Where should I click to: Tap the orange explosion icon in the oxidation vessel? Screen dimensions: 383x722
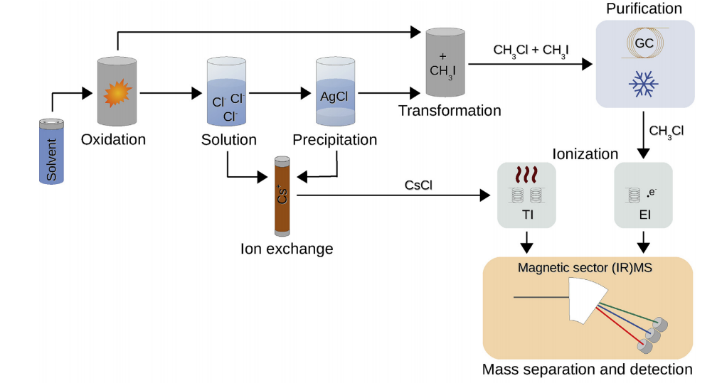(x=117, y=92)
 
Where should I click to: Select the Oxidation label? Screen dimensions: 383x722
(x=113, y=139)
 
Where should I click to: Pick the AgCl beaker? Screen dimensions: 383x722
(x=335, y=93)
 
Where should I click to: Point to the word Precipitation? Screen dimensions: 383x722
(x=336, y=140)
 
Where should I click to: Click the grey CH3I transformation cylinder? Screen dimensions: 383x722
(x=445, y=63)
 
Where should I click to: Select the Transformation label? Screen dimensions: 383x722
(x=449, y=111)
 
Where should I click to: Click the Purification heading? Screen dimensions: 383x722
(x=643, y=9)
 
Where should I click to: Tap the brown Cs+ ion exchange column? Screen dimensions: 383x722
(x=282, y=196)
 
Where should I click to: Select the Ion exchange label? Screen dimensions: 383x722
(x=286, y=249)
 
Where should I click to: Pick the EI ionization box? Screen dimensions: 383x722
(x=644, y=195)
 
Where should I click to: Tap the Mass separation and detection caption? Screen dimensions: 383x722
(x=587, y=369)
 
